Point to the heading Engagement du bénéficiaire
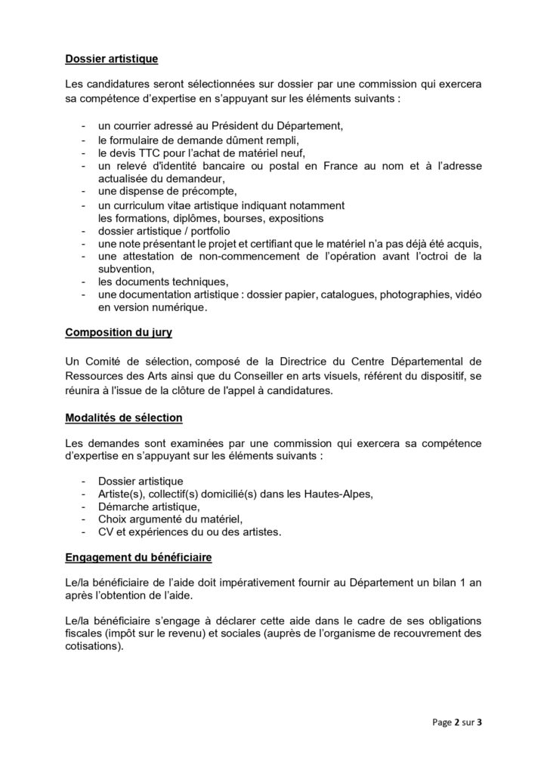(x=138, y=558)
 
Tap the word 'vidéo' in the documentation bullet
(x=466, y=294)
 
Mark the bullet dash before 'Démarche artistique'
(x=82, y=507)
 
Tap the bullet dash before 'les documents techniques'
(x=82, y=281)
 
